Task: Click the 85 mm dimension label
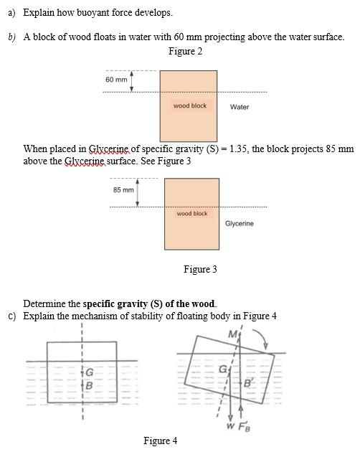point(123,189)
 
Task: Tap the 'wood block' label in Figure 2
point(190,105)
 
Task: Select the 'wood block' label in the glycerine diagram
point(191,213)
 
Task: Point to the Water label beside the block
point(240,107)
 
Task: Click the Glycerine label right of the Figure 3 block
point(239,224)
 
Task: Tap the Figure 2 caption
point(185,52)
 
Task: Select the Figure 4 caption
point(160,441)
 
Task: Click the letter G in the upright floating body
point(90,372)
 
